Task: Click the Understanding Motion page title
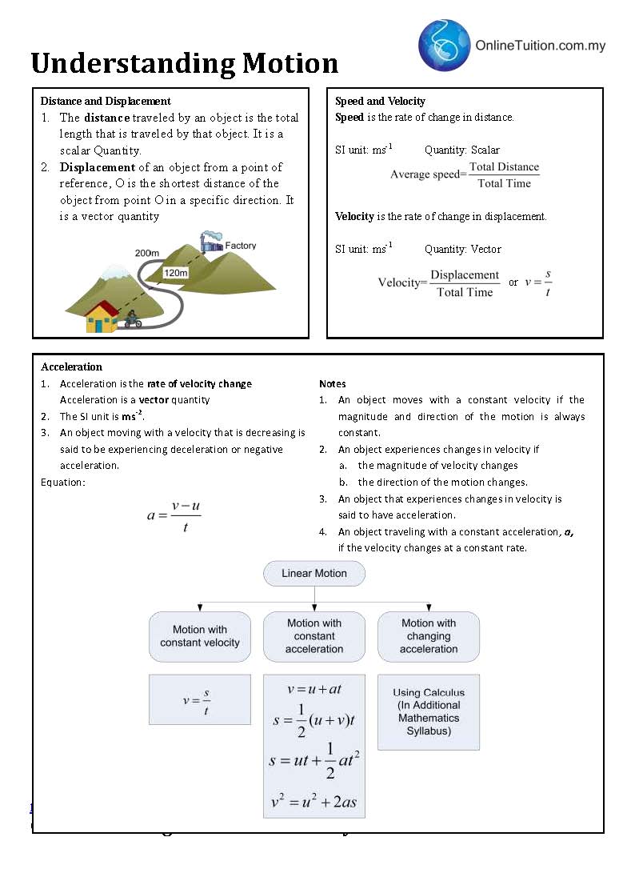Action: tap(185, 63)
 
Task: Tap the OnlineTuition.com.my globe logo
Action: tap(444, 45)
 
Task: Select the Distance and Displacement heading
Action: tap(106, 101)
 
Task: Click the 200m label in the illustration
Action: tap(147, 253)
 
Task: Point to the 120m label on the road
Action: tap(175, 273)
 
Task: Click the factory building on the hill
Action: tap(212, 241)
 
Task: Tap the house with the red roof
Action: tap(102, 316)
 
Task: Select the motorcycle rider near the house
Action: tap(132, 321)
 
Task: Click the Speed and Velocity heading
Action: tap(380, 101)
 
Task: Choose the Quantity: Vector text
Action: tap(463, 249)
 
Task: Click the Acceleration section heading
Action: tap(71, 366)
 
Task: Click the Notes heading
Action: tap(332, 383)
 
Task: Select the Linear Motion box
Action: tap(314, 574)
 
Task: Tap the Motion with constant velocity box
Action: tap(200, 636)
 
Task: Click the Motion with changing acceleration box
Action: tap(429, 636)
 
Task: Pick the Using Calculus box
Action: tap(429, 711)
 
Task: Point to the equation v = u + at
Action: tap(314, 689)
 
